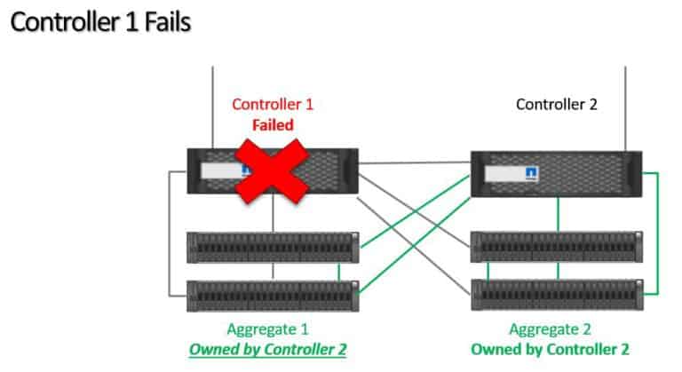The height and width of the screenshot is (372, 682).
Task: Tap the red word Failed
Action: pyautogui.click(x=273, y=125)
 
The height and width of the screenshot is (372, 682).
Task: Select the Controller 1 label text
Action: pyautogui.click(x=273, y=104)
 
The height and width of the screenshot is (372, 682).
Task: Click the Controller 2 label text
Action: pyautogui.click(x=557, y=104)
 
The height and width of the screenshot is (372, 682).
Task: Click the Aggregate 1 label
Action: pyautogui.click(x=273, y=328)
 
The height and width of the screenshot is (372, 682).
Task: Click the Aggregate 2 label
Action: pyautogui.click(x=557, y=328)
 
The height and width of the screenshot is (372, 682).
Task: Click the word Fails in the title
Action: pyautogui.click(x=164, y=21)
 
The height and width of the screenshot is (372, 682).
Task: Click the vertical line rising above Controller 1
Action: pyautogui.click(x=213, y=107)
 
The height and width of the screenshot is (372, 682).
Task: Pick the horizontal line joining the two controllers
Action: pyautogui.click(x=414, y=162)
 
